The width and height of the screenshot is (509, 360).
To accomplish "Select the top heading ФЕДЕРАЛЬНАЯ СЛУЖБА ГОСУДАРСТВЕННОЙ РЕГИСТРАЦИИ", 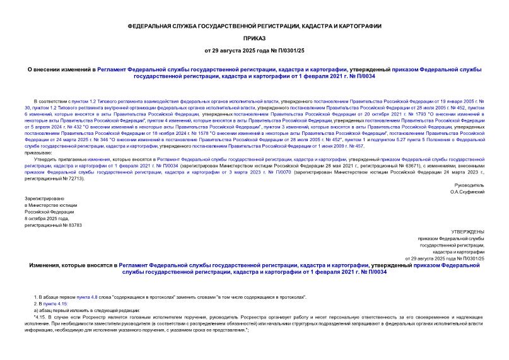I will click(254, 26).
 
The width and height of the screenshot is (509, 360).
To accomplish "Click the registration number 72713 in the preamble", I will click(71, 178).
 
